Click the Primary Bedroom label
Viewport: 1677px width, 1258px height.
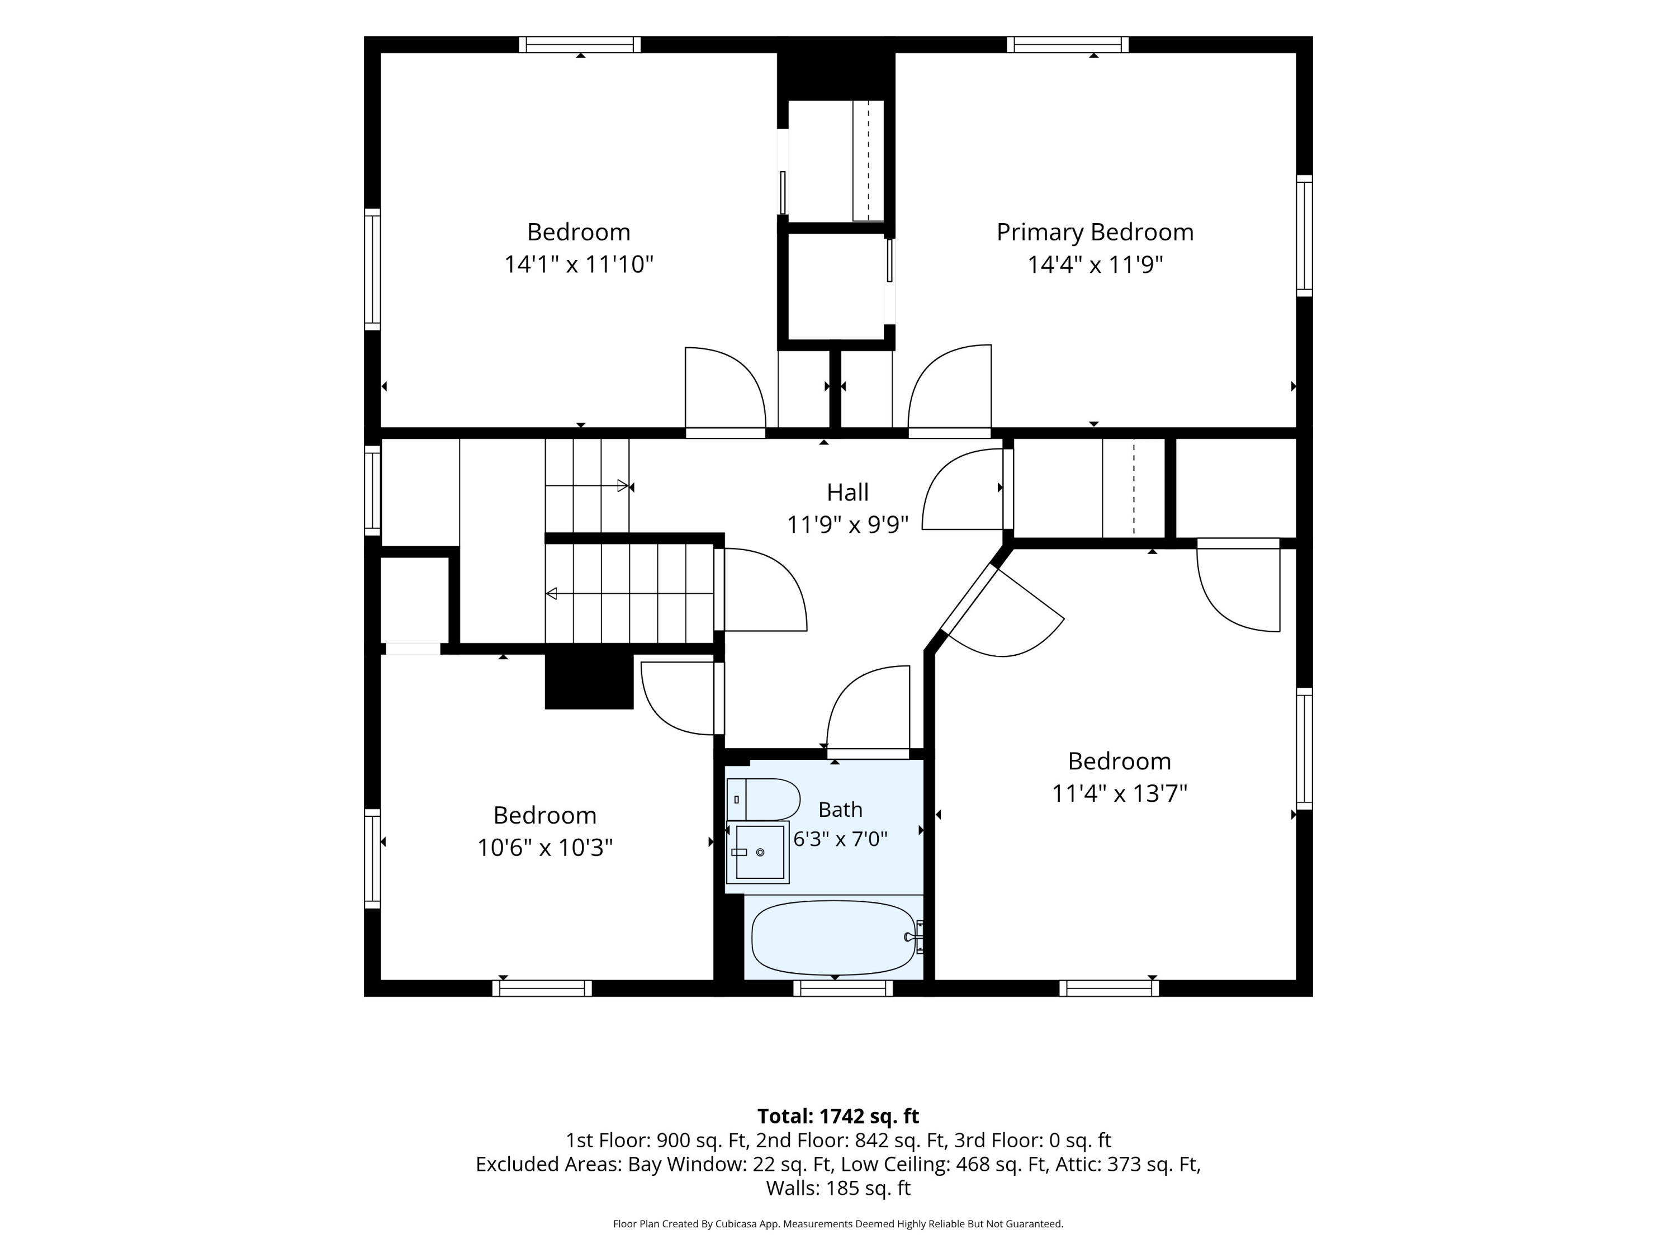click(x=1095, y=232)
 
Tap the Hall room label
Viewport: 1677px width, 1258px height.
click(x=847, y=492)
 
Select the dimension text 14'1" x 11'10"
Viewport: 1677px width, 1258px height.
click(x=579, y=264)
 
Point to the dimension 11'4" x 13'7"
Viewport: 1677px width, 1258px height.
click(x=1119, y=793)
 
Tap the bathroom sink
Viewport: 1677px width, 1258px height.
click(x=758, y=852)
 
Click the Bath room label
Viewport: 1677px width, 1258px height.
click(x=840, y=810)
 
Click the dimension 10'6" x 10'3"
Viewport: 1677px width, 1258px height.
click(x=544, y=847)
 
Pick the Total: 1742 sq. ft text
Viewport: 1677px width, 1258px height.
click(x=838, y=1116)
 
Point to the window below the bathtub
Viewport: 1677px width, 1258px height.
click(x=843, y=988)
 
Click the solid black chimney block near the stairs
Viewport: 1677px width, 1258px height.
click(x=589, y=681)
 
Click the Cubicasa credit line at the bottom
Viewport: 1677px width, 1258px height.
click(x=838, y=1224)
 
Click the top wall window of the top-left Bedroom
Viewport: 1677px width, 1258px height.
click(x=580, y=45)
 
